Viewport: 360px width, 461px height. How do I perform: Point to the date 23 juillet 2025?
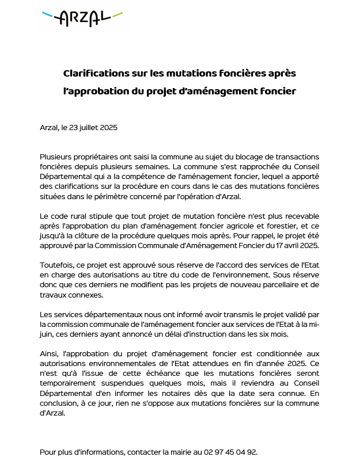pyautogui.click(x=94, y=127)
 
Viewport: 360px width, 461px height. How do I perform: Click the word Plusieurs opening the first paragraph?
pyautogui.click(x=58, y=157)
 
